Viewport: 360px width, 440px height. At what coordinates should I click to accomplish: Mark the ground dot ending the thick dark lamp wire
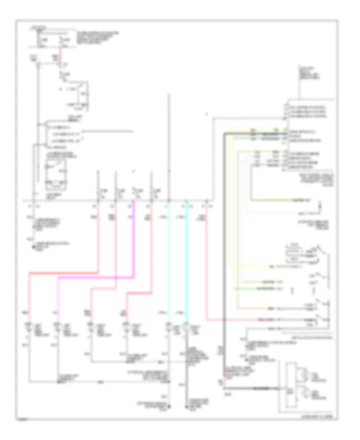186,408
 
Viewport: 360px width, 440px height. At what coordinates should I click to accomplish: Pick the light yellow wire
228,200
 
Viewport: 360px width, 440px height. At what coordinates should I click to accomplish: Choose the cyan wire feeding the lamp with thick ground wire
186,260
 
